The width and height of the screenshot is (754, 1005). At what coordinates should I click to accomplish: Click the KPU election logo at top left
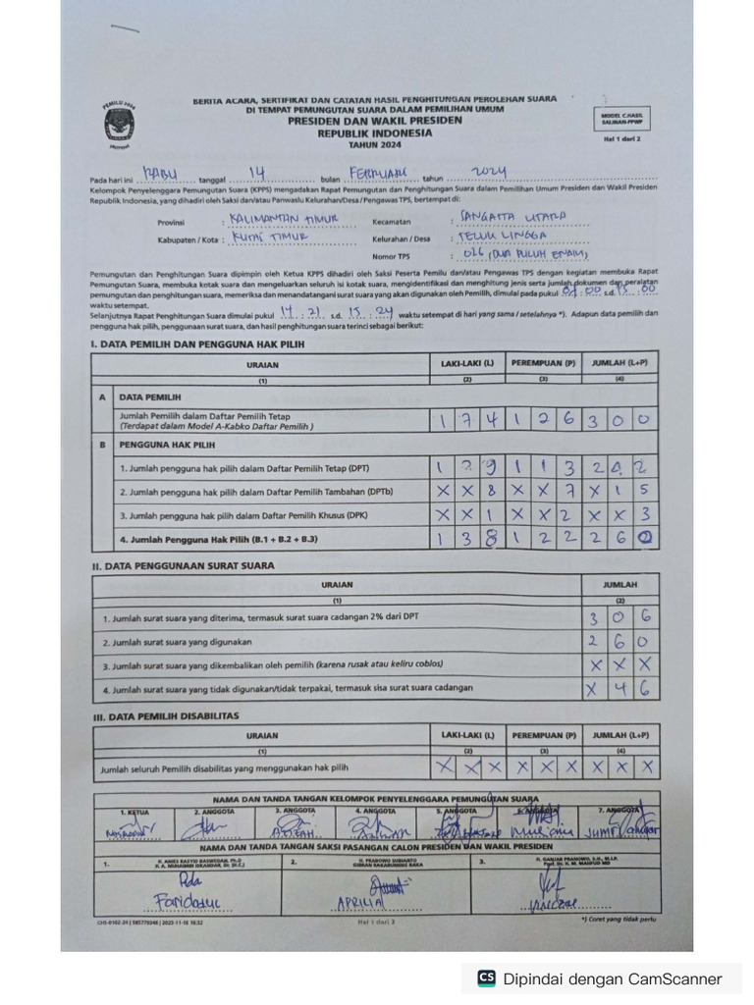[120, 125]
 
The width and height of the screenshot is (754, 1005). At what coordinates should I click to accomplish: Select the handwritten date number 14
[258, 174]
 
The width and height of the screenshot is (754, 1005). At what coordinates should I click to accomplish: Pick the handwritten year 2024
[488, 173]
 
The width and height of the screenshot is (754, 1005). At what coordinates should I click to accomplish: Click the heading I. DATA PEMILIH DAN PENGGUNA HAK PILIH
[197, 344]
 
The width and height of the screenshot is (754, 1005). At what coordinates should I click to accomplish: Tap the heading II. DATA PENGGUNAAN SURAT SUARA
[183, 566]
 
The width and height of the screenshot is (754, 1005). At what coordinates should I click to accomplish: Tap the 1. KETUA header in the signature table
[135, 812]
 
